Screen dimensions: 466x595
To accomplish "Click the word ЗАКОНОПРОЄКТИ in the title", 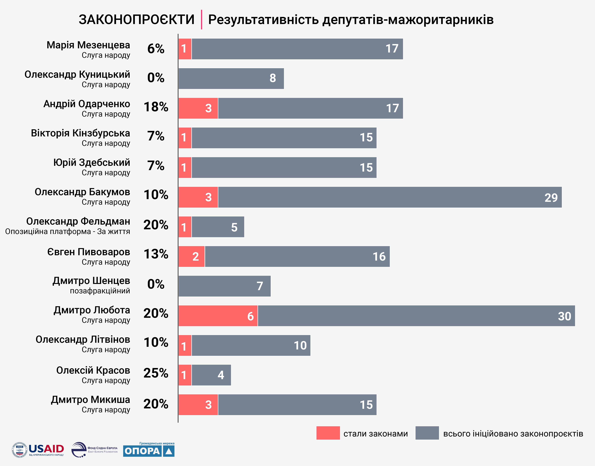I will (x=136, y=20).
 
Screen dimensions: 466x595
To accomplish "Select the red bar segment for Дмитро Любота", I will (x=218, y=316).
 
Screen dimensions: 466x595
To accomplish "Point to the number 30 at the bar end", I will (x=564, y=316).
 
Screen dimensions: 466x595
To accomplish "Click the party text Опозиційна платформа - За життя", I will (x=68, y=232).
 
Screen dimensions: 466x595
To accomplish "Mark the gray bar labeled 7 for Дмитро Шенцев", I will (x=224, y=286).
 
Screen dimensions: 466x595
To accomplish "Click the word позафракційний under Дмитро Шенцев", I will (x=100, y=291).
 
